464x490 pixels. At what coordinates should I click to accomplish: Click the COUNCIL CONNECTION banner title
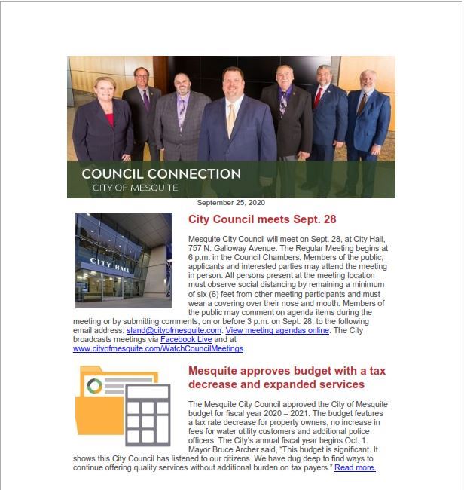coord(161,173)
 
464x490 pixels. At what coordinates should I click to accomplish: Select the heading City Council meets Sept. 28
coord(261,220)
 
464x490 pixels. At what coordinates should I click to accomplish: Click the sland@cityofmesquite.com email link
coord(174,331)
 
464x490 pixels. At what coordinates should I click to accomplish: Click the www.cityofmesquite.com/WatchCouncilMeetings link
coord(159,349)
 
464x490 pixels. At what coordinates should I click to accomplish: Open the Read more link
coord(355,467)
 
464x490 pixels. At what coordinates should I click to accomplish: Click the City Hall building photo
coord(124,260)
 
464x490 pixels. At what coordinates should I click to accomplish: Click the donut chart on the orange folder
coord(95,387)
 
